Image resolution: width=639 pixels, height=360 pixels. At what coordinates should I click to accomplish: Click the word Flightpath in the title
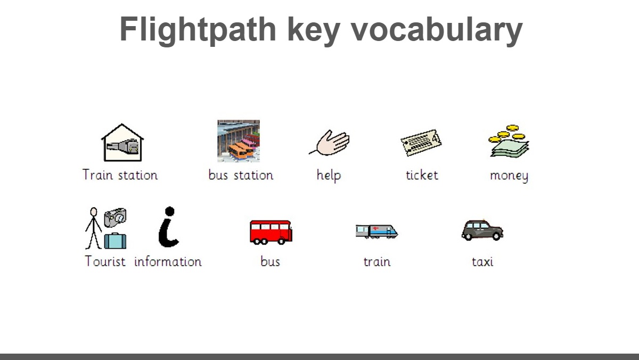198,30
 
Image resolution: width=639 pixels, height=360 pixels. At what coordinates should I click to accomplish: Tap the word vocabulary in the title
437,30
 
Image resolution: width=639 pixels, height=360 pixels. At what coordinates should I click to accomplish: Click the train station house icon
122,143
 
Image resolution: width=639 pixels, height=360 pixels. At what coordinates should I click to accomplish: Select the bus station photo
239,141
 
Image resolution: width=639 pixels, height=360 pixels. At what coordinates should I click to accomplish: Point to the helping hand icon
330,143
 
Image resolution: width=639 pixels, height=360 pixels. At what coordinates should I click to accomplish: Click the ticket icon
421,143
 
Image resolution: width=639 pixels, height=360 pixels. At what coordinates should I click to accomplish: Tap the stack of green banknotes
510,148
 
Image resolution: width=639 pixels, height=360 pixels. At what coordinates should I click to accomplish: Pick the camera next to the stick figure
115,217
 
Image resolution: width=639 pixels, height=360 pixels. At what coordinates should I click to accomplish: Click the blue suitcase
115,241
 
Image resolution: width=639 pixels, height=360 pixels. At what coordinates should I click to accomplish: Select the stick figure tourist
93,228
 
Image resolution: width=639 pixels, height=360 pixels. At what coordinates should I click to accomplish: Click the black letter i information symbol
169,227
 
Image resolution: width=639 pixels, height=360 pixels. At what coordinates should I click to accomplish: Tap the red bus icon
271,232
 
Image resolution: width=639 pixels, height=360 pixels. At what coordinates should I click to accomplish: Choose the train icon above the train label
377,231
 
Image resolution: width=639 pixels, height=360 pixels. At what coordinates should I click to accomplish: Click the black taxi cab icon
482,230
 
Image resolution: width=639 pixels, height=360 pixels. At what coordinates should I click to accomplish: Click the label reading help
329,175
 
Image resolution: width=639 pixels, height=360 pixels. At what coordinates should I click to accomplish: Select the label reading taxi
482,262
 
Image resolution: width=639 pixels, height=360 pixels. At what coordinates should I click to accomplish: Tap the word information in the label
168,261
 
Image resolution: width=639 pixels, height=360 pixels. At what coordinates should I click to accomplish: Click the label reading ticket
422,175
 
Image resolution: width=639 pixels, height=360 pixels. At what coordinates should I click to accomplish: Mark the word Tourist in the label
105,261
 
